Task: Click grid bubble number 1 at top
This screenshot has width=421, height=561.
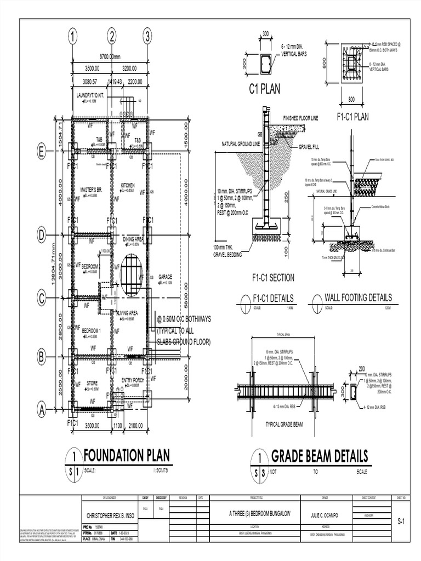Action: (x=72, y=37)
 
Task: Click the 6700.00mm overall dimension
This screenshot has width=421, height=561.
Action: (x=110, y=56)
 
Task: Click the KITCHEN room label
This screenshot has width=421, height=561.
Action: (x=127, y=186)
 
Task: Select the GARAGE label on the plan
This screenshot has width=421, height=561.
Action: (x=165, y=277)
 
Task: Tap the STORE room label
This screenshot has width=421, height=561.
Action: (x=92, y=383)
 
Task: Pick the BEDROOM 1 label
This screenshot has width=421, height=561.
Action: (x=92, y=331)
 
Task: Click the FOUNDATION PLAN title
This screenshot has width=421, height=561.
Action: (x=127, y=456)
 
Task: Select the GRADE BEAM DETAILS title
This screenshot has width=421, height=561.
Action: (x=319, y=456)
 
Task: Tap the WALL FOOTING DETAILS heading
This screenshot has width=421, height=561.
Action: (x=358, y=297)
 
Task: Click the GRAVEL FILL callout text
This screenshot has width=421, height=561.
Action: (x=310, y=147)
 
